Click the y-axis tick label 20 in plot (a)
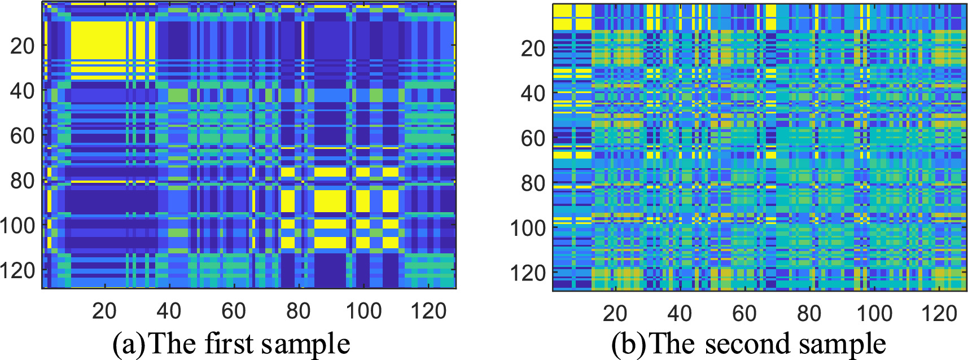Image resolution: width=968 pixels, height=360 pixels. click(x=23, y=46)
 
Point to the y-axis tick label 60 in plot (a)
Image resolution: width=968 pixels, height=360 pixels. click(x=23, y=135)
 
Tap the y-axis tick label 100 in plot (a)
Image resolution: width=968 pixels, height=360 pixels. click(x=17, y=226)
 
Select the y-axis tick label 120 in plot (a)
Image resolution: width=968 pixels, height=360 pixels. click(x=17, y=271)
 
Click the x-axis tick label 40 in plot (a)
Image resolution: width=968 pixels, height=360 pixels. click(x=169, y=311)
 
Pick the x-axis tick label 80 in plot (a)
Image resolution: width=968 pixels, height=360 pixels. click(x=298, y=311)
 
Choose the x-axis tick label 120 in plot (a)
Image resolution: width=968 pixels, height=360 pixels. click(x=429, y=311)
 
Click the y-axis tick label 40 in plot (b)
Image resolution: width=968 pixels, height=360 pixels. click(x=533, y=93)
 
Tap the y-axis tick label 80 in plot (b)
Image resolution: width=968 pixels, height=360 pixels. click(x=533, y=183)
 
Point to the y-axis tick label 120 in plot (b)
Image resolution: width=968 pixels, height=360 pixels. click(x=528, y=274)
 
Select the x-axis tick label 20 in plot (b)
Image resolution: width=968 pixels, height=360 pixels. click(x=615, y=313)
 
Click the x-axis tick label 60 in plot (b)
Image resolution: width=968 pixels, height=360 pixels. click(x=744, y=313)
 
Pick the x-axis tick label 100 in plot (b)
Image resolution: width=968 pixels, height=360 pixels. click(x=874, y=313)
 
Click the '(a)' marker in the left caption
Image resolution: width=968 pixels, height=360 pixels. click(x=128, y=344)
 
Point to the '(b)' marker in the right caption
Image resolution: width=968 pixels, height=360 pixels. click(x=628, y=344)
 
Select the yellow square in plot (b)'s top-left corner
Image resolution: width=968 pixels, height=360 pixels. click(x=572, y=17)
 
